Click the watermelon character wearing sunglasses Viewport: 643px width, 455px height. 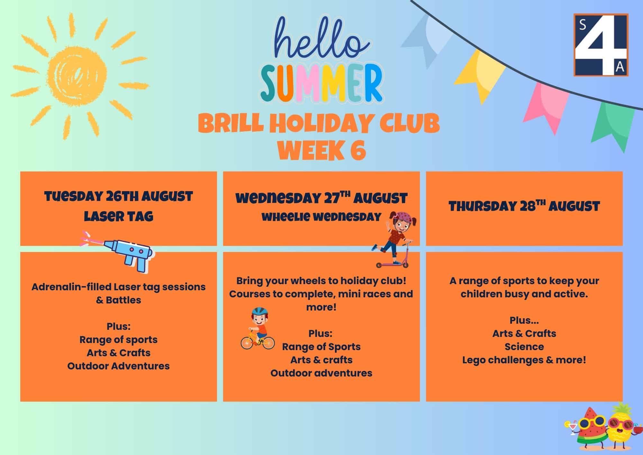[585, 431]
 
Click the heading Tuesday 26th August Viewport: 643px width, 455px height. [119, 196]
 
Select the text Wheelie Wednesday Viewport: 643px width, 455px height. [321, 217]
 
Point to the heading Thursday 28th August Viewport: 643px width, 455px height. [524, 206]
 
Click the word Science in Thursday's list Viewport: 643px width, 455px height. [524, 347]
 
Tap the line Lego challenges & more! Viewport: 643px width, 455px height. [524, 360]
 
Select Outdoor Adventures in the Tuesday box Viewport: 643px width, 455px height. [118, 366]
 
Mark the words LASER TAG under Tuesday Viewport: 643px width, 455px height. [119, 216]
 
